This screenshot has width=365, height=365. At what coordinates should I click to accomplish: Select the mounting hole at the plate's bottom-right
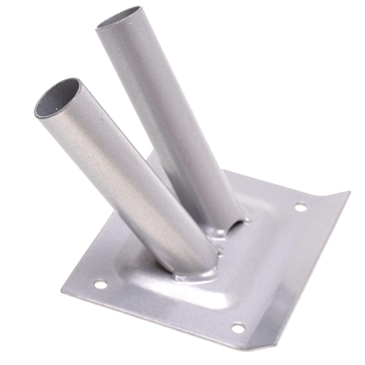(238, 328)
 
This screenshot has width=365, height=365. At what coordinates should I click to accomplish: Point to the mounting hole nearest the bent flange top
(301, 207)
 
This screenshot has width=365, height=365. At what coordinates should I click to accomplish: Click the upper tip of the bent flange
(349, 193)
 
